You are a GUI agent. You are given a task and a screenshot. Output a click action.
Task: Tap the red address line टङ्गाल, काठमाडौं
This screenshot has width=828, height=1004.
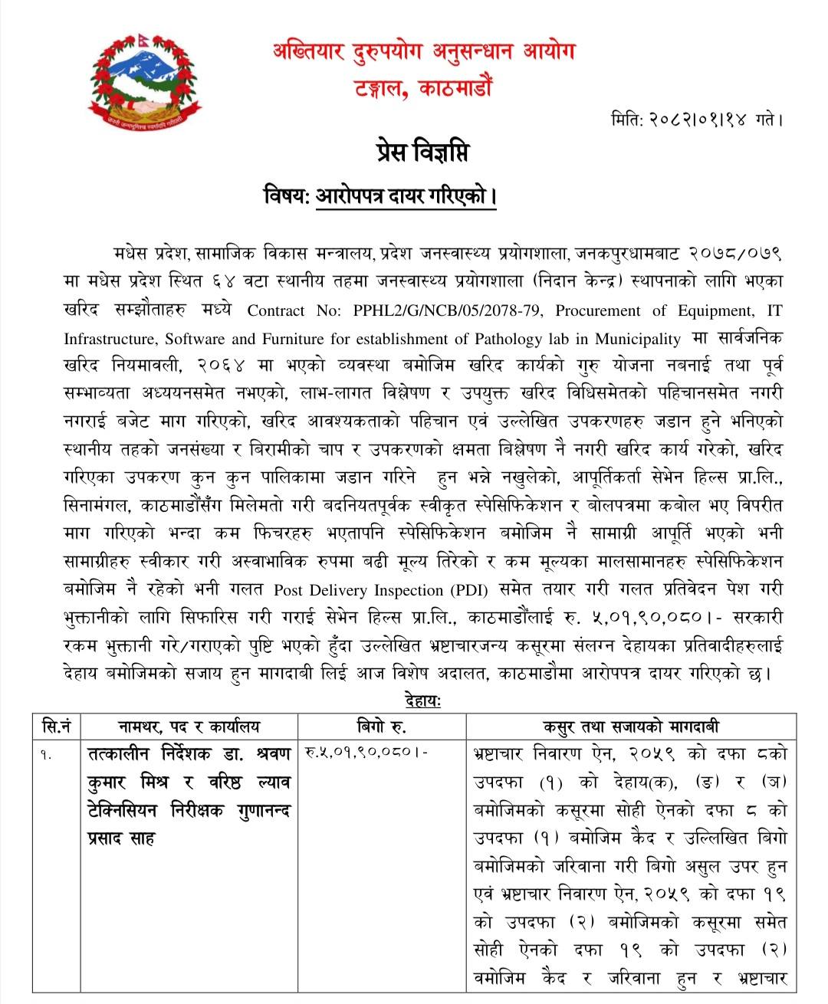pos(423,89)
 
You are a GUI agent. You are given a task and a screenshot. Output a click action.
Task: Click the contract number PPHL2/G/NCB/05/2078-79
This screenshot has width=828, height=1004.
pos(439,311)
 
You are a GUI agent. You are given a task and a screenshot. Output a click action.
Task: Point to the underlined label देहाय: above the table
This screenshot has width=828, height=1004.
pos(422,700)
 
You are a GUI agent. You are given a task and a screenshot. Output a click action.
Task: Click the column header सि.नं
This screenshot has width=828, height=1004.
pos(57,727)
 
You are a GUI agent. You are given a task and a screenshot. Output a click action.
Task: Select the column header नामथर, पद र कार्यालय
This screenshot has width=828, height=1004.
pos(189,727)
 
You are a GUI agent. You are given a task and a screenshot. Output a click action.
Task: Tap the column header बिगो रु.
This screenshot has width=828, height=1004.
pos(382,727)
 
